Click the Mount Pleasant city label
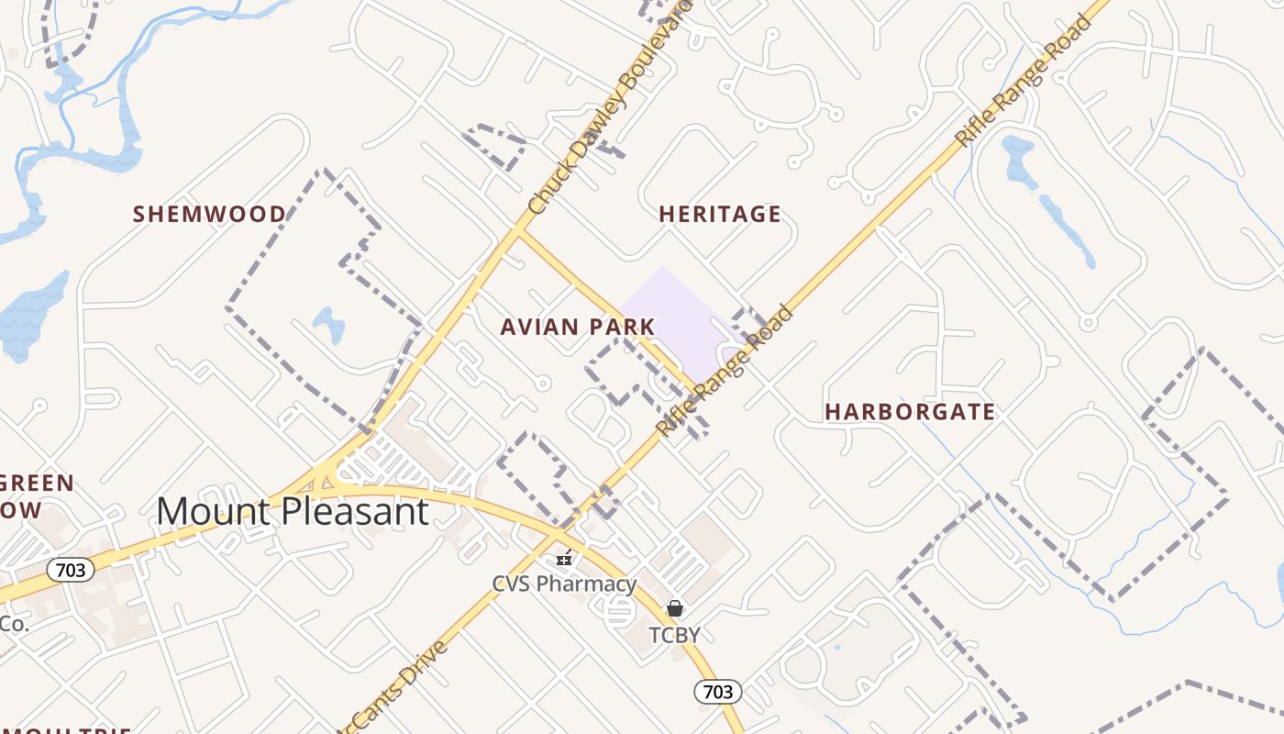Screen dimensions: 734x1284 click(293, 511)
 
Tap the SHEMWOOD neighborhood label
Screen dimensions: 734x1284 click(209, 215)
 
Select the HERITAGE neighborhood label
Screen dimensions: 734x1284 click(720, 215)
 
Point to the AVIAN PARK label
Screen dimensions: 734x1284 click(578, 327)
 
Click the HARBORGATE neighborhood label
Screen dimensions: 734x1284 click(910, 412)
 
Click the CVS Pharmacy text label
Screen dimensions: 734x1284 click(564, 584)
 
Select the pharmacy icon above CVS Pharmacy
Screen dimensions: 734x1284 click(564, 557)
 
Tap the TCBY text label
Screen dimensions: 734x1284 click(674, 635)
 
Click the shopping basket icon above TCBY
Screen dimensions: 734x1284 click(675, 608)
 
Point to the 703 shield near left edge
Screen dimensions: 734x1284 click(70, 570)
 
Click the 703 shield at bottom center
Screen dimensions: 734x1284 click(717, 691)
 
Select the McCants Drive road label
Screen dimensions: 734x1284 click(394, 688)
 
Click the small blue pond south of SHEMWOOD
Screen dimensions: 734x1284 click(328, 324)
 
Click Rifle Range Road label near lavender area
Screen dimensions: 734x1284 click(725, 372)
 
